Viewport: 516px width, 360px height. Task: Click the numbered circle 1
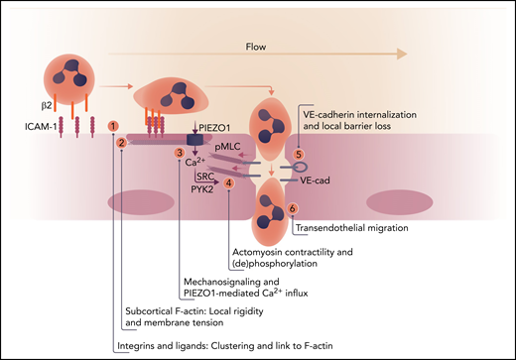(114, 127)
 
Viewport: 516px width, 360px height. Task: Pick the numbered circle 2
(121, 143)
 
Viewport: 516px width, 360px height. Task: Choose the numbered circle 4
(229, 182)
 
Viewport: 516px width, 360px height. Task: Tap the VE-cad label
(327, 181)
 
